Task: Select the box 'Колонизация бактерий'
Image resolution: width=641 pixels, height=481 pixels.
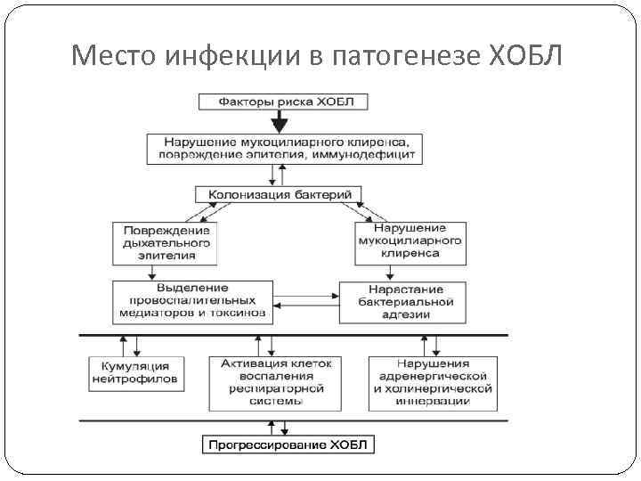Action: (x=279, y=193)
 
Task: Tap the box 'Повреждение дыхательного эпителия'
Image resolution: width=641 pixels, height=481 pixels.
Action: (x=166, y=241)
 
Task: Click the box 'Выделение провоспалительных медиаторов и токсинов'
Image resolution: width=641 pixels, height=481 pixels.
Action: (x=192, y=301)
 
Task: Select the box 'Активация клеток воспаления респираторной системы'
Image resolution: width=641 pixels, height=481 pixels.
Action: (x=272, y=382)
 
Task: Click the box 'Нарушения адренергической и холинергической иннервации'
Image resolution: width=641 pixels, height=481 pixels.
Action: (x=433, y=382)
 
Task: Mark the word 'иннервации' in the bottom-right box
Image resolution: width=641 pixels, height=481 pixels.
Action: (x=433, y=401)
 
